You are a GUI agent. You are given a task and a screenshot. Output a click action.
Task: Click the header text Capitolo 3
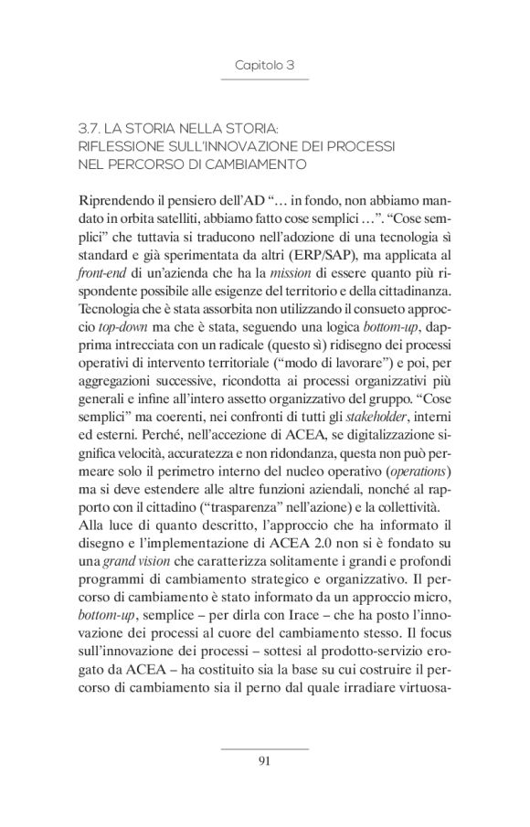tap(264, 66)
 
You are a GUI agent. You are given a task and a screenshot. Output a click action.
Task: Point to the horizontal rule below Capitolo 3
tap(264, 81)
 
